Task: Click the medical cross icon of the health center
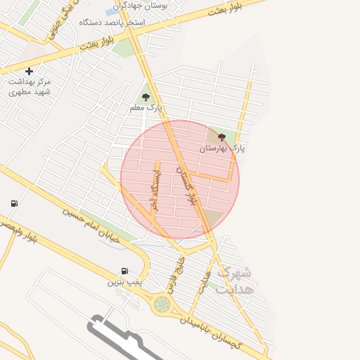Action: click(x=29, y=71)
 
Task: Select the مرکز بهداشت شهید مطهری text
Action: click(x=30, y=86)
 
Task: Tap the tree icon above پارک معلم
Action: click(x=146, y=97)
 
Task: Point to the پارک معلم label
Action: click(x=146, y=108)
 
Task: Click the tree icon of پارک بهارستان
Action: click(x=221, y=138)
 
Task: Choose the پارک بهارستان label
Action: click(x=223, y=148)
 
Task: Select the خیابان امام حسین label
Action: click(x=91, y=225)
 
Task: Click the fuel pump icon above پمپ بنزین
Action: click(x=124, y=271)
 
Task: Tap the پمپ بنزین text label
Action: click(x=124, y=281)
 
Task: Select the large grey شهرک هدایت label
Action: click(x=236, y=280)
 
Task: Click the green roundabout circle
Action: click(x=162, y=304)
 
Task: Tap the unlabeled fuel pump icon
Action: click(x=14, y=204)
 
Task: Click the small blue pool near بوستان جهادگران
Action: click(x=112, y=12)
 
